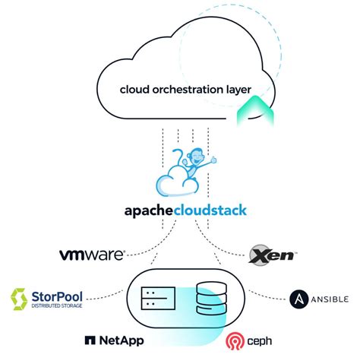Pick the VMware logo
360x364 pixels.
tap(91, 252)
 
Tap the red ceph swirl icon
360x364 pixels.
tap(235, 341)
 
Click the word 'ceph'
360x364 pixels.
tap(259, 340)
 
